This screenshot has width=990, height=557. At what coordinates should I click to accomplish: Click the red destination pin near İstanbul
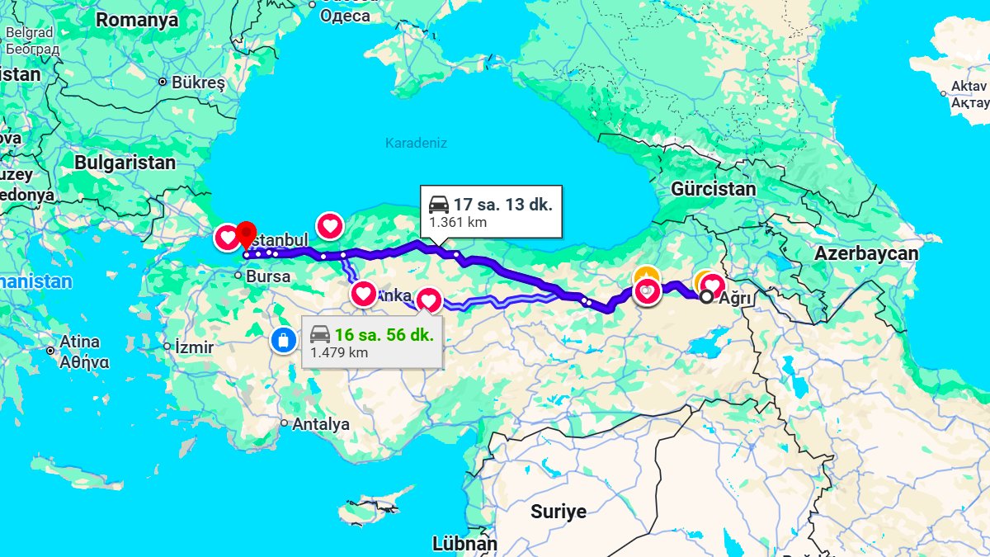[247, 234]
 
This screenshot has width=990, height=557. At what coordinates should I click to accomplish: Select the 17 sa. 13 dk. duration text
[502, 203]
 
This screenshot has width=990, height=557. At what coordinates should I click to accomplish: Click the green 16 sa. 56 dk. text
[384, 334]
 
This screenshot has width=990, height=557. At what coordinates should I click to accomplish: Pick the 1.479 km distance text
[339, 352]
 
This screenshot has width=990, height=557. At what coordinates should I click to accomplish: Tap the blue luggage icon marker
[284, 340]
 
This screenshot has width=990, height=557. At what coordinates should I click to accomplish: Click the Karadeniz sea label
[416, 143]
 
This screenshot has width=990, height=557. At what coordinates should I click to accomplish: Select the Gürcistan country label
[713, 189]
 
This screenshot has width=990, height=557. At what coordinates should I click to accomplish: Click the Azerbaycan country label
[866, 253]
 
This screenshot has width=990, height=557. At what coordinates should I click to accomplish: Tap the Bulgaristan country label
[125, 163]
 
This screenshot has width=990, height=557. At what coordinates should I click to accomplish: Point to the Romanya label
[136, 21]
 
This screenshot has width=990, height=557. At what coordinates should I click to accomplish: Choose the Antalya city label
[322, 424]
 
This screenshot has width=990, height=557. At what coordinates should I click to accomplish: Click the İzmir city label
[195, 347]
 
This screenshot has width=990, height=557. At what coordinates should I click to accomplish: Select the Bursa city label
[268, 276]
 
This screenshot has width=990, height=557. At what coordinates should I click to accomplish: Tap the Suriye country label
[559, 512]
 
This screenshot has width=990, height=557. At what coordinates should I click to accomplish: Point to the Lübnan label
[464, 545]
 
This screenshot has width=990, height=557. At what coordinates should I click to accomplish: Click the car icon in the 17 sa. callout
[439, 203]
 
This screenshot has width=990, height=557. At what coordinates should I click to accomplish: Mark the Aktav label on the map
[969, 86]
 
